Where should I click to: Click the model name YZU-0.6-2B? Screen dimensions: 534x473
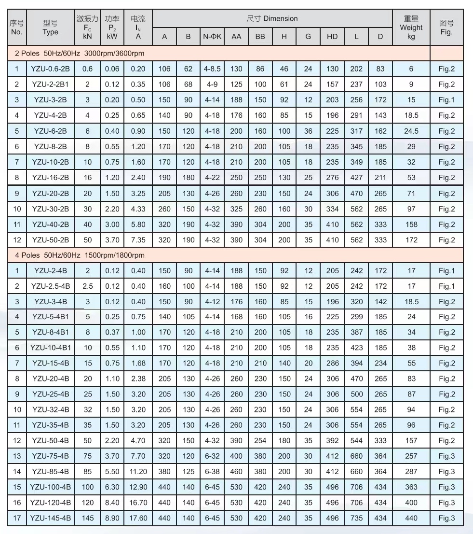[x=50, y=69]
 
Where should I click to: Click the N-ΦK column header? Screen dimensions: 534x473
[x=212, y=36]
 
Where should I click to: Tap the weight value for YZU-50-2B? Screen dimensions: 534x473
[x=411, y=240]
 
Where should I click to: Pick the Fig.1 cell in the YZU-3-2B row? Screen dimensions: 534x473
[x=446, y=100]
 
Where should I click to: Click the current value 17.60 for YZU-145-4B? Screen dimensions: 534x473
[x=138, y=518]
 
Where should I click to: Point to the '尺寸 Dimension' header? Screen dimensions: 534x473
[x=272, y=19]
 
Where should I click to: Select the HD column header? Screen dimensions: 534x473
[x=332, y=36]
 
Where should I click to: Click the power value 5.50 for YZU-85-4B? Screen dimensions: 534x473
[x=112, y=472]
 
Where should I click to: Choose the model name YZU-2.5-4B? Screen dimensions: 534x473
[x=50, y=286]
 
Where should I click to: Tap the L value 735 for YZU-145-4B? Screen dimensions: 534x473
[x=356, y=518]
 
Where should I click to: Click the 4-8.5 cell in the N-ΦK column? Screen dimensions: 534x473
[x=212, y=69]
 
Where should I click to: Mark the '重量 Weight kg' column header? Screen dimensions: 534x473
[x=411, y=28]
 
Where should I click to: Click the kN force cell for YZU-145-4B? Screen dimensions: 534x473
[x=87, y=518]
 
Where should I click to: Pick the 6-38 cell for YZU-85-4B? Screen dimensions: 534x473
[x=212, y=472]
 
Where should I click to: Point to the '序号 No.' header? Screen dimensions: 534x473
[x=16, y=28]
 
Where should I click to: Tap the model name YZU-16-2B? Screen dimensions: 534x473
[x=50, y=178]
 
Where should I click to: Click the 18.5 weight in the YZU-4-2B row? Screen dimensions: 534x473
[x=411, y=115]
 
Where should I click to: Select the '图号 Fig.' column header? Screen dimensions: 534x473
[x=446, y=28]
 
